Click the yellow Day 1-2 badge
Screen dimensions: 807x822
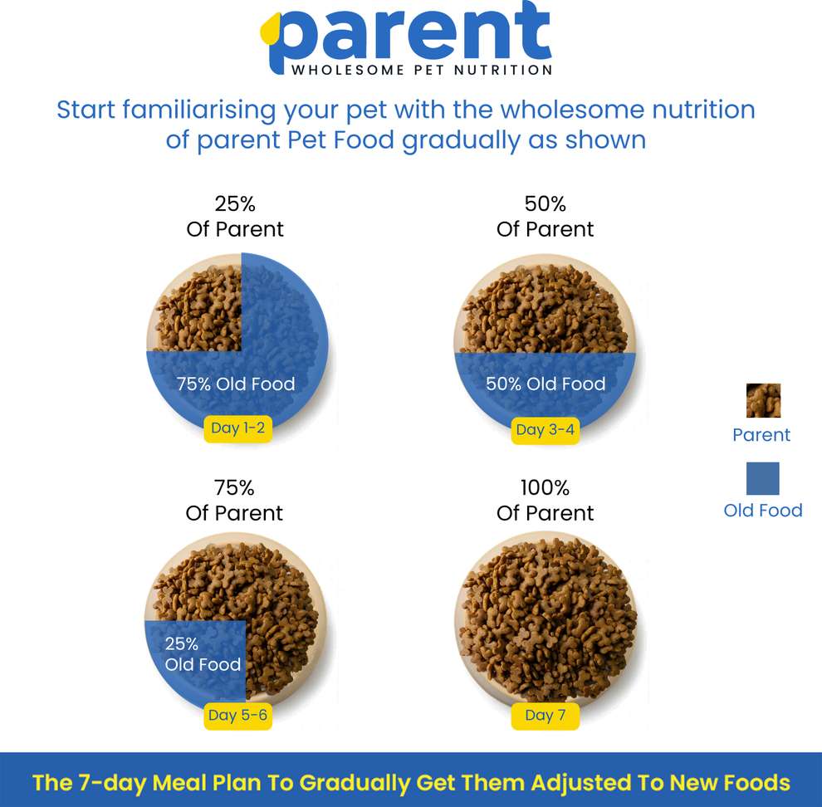tap(237, 428)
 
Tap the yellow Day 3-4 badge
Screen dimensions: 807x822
tap(543, 429)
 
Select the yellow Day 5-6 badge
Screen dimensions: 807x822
tap(238, 715)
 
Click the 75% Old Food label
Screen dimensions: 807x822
tap(236, 384)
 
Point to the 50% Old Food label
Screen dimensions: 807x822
tap(546, 384)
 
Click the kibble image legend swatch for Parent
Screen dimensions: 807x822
tap(763, 400)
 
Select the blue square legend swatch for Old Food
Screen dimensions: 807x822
tap(762, 478)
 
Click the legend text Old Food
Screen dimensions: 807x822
tap(763, 511)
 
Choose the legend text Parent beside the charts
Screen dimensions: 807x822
tap(761, 435)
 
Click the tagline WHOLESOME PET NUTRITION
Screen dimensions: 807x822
tap(422, 70)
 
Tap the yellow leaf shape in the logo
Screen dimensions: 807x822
tap(269, 32)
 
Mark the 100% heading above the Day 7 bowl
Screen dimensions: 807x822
tap(545, 487)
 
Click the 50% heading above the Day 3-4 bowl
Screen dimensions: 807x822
tap(546, 203)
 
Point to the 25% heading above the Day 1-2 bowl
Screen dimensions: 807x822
tap(235, 203)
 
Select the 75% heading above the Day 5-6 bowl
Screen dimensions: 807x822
tap(234, 487)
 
